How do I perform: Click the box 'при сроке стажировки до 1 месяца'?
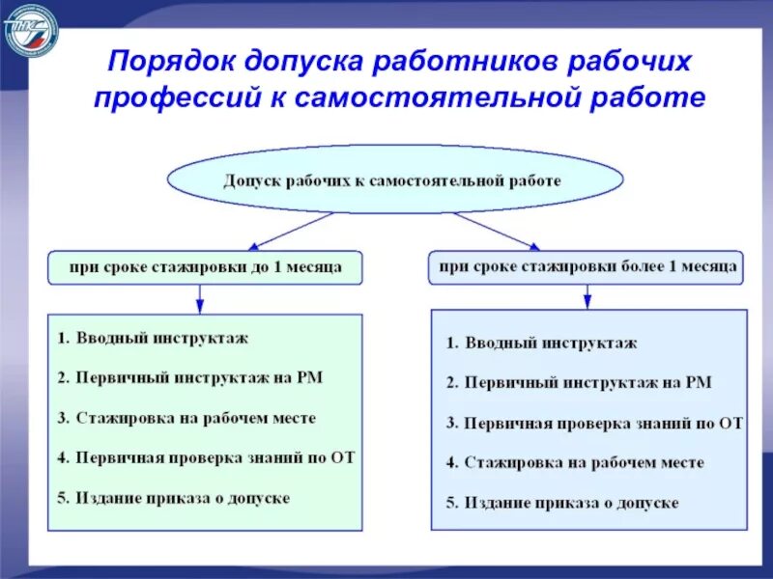pyautogui.click(x=205, y=266)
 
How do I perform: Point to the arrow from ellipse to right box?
pyautogui.click(x=497, y=231)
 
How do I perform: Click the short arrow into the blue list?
pyautogui.click(x=587, y=297)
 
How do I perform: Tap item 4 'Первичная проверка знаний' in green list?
pyautogui.click(x=205, y=458)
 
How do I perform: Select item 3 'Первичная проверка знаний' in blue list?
pyautogui.click(x=593, y=424)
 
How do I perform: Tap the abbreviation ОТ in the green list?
pyautogui.click(x=343, y=458)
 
